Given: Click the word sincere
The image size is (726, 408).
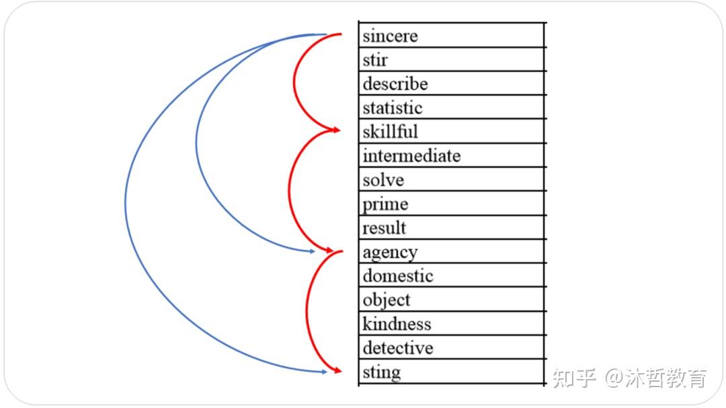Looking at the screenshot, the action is pos(390,36).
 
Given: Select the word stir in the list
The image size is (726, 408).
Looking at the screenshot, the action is pos(375,60).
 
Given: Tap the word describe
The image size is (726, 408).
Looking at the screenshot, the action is pos(395,84).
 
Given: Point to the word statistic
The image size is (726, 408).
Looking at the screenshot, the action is pos(393,108).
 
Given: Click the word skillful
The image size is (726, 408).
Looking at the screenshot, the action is pos(390,131).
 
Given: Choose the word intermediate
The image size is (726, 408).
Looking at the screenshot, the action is pos(411,156).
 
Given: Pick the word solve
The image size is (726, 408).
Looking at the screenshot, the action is pos(383,180).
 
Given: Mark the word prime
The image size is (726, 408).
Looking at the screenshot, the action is pos(385,204).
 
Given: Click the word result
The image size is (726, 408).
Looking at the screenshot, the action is pos(385,228).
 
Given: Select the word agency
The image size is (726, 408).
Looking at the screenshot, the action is pos(390,253).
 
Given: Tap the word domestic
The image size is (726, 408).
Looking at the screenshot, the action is pos(398,276).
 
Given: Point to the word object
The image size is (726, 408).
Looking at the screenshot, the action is pos(387,300).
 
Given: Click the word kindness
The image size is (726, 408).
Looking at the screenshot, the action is pos(397,324).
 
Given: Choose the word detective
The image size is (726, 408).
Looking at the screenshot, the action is pos(398,348).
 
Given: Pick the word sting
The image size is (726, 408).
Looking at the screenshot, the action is pos(381,372).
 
